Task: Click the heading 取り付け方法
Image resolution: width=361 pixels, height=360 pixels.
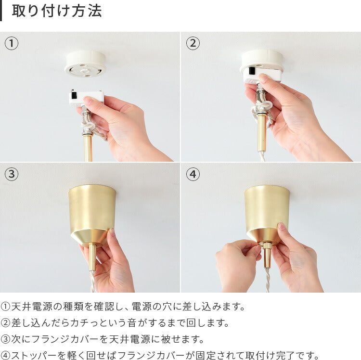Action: tap(57, 11)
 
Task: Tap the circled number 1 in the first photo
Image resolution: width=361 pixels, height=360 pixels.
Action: tap(11, 43)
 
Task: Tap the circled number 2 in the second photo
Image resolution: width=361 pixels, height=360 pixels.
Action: tap(193, 43)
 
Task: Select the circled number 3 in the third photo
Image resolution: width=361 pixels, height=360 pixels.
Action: tap(11, 174)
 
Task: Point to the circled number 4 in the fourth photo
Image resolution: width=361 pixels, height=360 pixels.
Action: tap(193, 174)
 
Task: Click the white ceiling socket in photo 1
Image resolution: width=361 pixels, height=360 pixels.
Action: tap(85, 64)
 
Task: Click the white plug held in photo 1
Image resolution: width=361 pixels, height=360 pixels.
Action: tap(86, 98)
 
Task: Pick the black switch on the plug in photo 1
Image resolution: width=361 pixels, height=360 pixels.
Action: tap(74, 95)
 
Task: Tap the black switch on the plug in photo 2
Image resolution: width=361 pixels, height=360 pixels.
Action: tap(252, 70)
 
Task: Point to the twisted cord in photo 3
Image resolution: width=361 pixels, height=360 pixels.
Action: tap(92, 281)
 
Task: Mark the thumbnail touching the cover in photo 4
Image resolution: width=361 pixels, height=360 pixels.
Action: tap(282, 226)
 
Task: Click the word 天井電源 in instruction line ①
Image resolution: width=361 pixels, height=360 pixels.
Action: tap(32, 307)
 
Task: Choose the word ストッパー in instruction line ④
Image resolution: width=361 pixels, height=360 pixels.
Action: tap(34, 355)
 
